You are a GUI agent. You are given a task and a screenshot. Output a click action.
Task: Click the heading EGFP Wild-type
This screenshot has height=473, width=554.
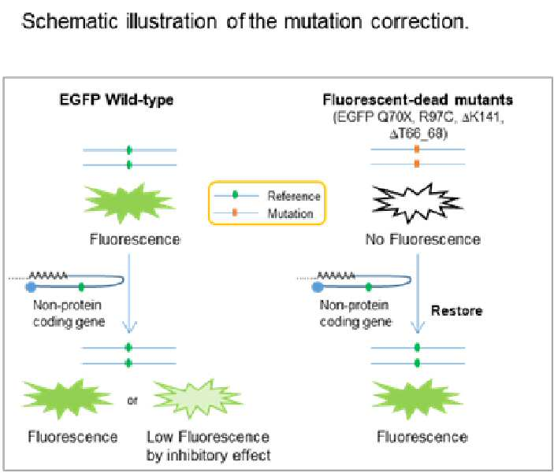117,100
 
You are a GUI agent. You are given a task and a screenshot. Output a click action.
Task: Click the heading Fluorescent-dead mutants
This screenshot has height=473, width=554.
418,100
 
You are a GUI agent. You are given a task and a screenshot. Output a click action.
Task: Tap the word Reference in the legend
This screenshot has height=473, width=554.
294,196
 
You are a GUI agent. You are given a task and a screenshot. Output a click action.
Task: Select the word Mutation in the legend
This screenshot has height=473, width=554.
291,213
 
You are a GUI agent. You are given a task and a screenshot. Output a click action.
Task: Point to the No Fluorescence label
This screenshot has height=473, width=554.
423,240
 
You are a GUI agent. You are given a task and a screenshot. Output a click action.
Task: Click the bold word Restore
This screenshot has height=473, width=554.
457,311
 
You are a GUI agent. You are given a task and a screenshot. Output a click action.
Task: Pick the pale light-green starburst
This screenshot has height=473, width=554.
198,398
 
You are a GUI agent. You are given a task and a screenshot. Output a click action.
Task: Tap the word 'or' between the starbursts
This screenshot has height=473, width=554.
132,401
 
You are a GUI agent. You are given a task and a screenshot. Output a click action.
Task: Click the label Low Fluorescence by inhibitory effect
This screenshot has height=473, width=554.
209,445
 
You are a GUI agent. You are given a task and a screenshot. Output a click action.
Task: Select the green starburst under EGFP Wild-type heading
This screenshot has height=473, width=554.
129,203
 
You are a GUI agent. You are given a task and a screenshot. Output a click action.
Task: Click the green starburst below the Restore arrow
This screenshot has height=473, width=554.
417,399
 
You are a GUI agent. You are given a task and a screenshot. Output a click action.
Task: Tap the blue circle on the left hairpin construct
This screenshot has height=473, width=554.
31,286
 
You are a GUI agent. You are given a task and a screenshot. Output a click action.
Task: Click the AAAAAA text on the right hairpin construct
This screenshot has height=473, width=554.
336,275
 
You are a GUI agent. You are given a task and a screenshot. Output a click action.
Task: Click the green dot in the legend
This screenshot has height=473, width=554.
236,195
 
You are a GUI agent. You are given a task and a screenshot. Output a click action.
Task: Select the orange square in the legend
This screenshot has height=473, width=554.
235,212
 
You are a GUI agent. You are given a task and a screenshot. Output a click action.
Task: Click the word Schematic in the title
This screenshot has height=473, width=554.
69,21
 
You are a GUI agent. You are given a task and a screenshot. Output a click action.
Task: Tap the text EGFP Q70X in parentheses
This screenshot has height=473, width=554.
374,117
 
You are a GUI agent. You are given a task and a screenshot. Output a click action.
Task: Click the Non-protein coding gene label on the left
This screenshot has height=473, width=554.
69,313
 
